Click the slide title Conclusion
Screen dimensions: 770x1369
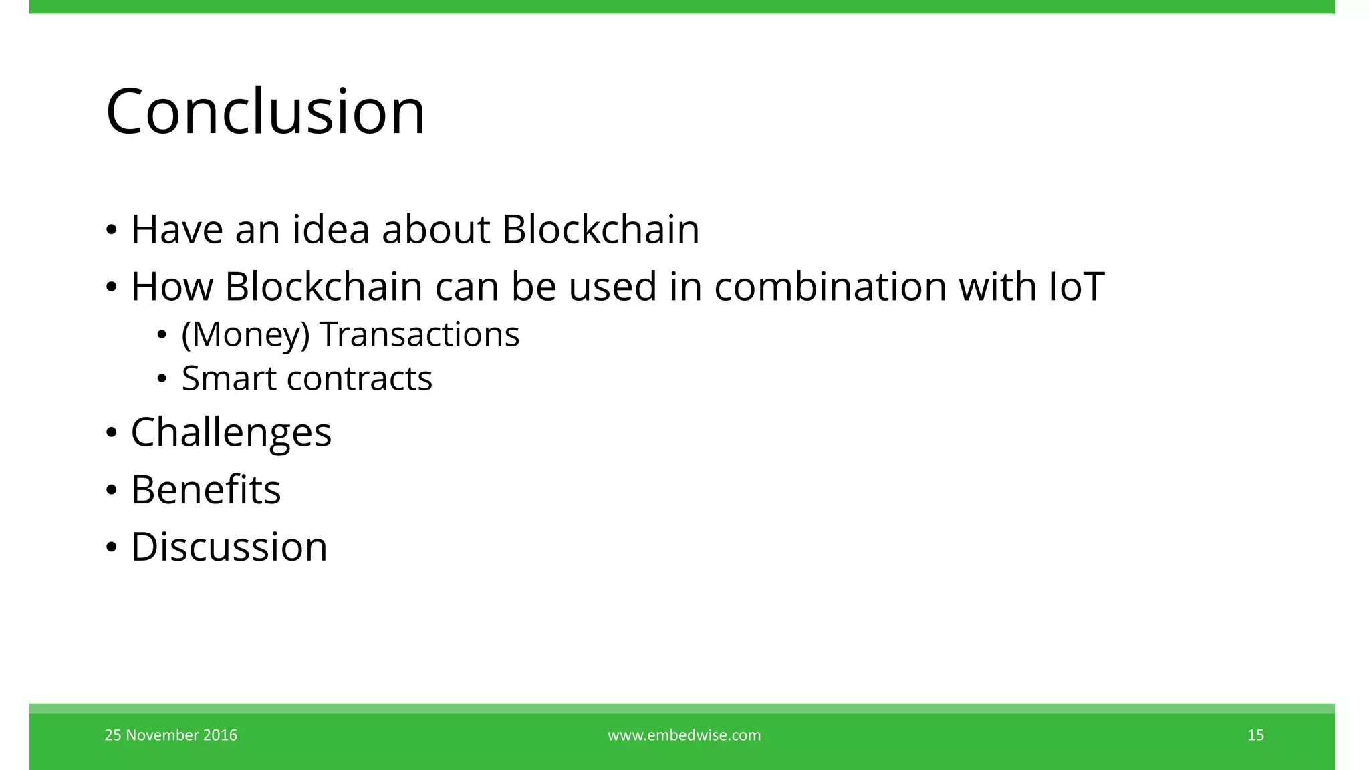(x=265, y=112)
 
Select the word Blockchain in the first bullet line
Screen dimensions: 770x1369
(x=600, y=229)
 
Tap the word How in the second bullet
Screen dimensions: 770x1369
(x=171, y=287)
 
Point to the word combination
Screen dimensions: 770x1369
(x=830, y=287)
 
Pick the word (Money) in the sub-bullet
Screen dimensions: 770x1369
(x=245, y=335)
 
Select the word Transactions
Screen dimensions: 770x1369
(x=419, y=334)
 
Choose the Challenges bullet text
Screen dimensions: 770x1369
(x=231, y=433)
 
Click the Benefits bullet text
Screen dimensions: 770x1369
(x=206, y=489)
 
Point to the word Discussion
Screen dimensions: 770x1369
(x=229, y=547)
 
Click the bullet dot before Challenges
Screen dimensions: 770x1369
(x=112, y=433)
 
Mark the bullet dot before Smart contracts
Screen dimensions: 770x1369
(x=162, y=379)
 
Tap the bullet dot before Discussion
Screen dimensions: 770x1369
(x=112, y=547)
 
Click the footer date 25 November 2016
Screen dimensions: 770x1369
(x=171, y=735)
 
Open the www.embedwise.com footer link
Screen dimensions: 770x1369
(x=684, y=735)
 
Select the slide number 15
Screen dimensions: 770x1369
(x=1255, y=735)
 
